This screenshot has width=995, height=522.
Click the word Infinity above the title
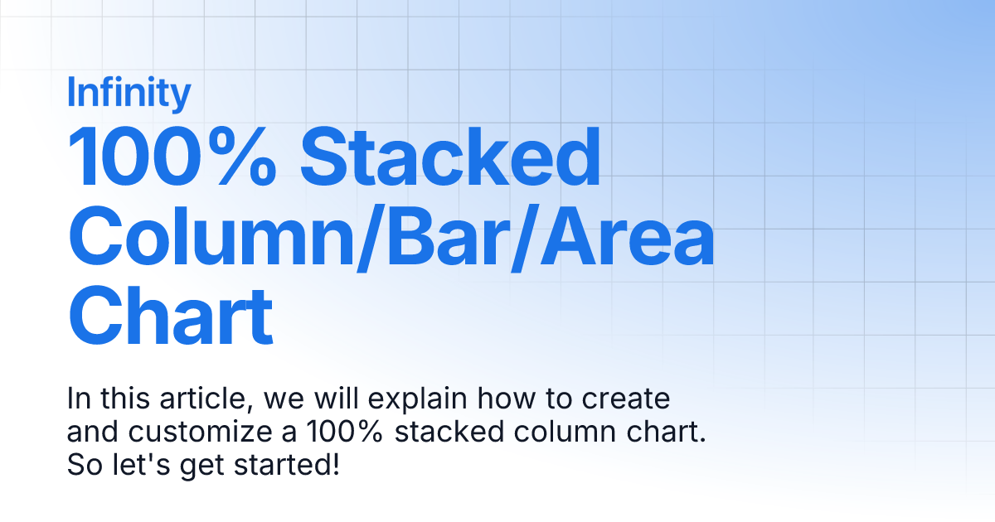(129, 93)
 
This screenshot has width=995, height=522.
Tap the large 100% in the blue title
(172, 157)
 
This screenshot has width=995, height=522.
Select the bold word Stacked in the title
(450, 157)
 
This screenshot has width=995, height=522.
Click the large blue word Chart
(170, 317)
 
